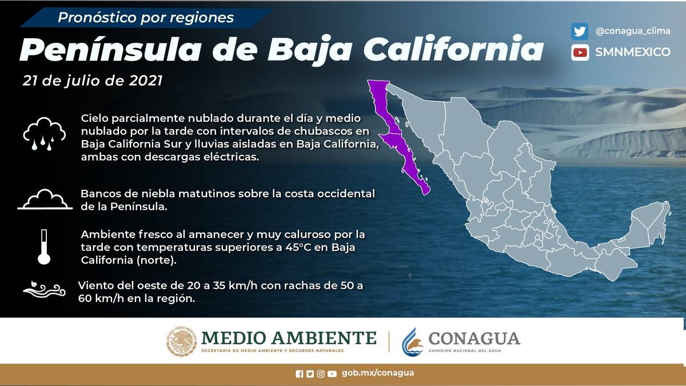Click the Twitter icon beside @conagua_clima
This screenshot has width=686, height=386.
(580, 31)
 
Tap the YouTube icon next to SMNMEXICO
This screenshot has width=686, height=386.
(580, 53)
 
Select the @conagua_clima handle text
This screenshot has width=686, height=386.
(633, 31)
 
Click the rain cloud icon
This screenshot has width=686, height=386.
(45, 134)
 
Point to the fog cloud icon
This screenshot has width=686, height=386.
(45, 200)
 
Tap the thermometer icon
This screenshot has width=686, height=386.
(44, 247)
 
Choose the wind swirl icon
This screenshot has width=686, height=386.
(45, 289)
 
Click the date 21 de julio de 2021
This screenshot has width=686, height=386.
(93, 81)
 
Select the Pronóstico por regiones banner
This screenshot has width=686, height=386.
(146, 18)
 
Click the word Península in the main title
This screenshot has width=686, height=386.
(110, 50)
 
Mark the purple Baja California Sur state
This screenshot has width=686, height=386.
(404, 162)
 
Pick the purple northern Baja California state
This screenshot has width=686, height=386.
(384, 108)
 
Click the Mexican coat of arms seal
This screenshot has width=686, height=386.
(182, 341)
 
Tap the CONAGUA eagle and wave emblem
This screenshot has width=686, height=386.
(413, 342)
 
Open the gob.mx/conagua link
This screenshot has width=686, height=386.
(378, 373)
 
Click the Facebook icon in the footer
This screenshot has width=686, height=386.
(299, 374)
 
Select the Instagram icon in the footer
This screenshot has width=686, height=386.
(321, 374)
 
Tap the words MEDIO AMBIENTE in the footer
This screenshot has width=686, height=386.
(289, 338)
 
